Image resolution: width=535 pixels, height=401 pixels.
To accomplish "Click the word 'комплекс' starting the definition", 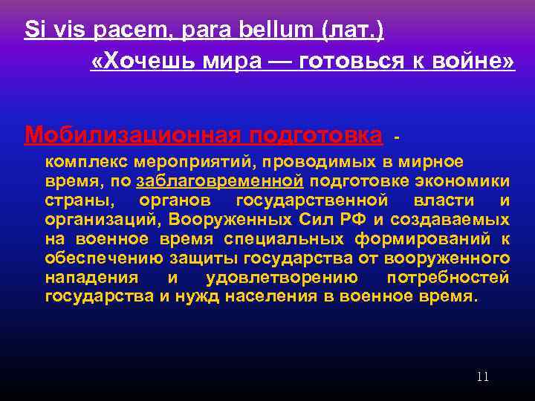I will pos(85,162).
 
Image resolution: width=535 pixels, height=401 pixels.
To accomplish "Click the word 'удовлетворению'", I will pos(282,278).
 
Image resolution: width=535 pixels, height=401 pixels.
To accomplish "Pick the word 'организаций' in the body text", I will pos(102,220).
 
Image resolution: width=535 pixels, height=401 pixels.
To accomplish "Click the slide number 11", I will pos(482,376).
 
